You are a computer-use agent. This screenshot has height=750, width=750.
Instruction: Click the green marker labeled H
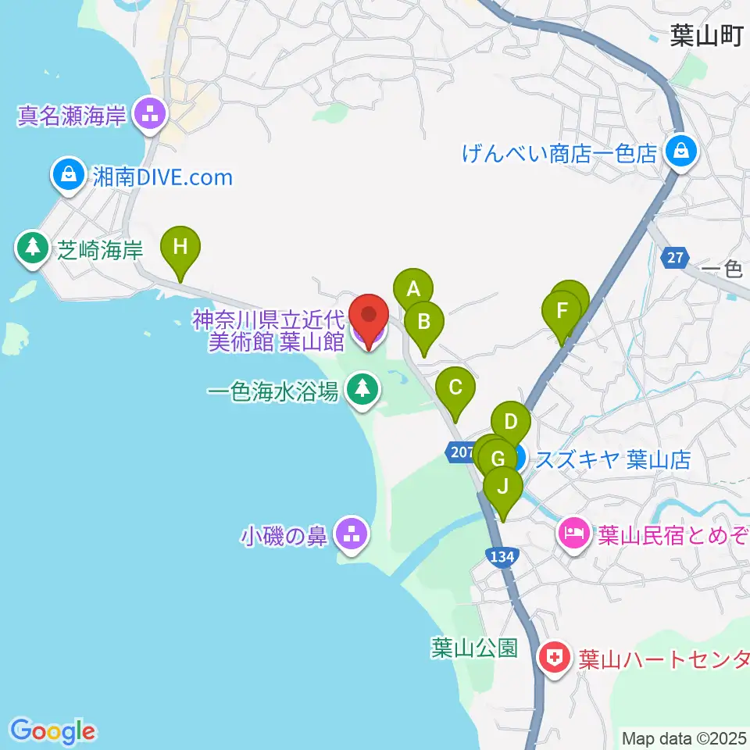(x=180, y=248)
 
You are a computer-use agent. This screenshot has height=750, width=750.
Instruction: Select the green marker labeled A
(x=412, y=286)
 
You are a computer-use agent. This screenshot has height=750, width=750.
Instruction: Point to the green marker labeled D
(x=511, y=423)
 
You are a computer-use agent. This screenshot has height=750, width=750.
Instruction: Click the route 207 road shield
(x=459, y=451)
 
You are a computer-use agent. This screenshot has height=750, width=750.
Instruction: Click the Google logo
(x=53, y=731)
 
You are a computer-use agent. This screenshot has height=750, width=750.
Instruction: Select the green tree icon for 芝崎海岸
(x=33, y=248)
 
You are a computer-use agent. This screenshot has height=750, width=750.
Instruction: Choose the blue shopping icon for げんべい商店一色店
(x=680, y=152)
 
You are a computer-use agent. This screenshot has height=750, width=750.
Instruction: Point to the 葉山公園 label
(x=474, y=648)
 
